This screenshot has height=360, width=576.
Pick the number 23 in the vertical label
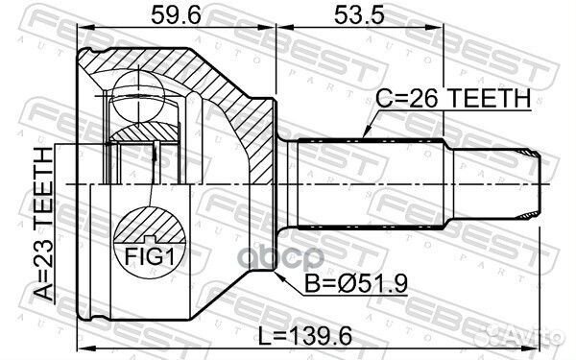pos(42,253)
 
